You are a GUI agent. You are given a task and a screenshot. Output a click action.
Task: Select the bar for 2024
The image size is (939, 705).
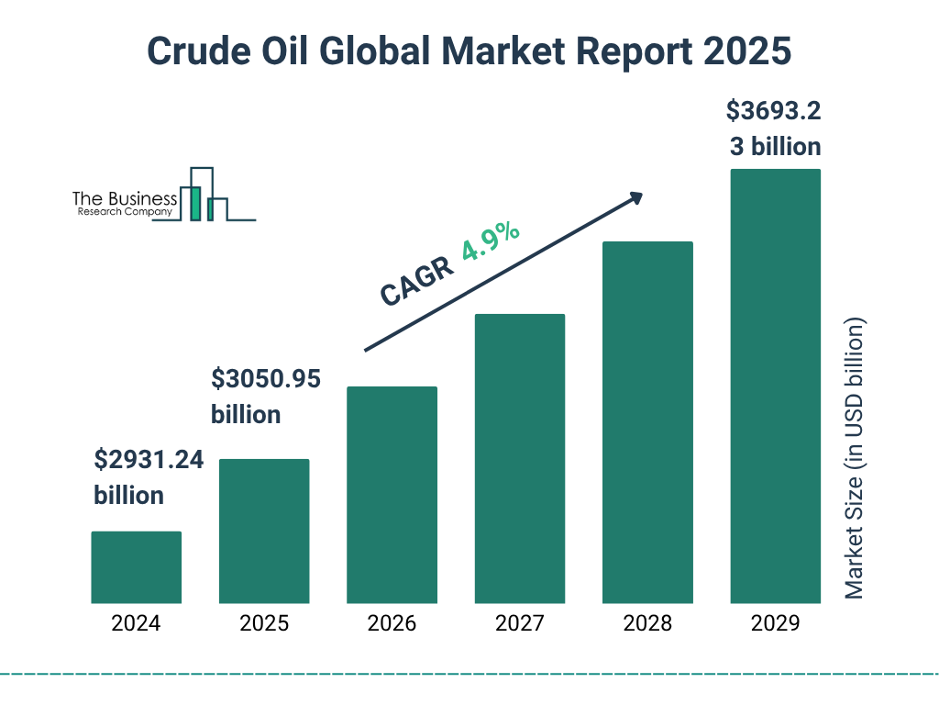coord(136,567)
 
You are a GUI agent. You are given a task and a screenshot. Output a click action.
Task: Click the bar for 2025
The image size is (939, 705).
coord(264,531)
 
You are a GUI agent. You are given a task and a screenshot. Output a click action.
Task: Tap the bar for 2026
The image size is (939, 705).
coord(392,495)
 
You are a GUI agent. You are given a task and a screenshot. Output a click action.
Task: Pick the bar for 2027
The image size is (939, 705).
coord(519,458)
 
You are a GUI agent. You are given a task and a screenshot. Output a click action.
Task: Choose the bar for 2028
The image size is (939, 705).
coord(647,422)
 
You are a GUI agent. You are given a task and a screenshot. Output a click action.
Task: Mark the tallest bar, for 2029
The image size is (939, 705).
coord(775,386)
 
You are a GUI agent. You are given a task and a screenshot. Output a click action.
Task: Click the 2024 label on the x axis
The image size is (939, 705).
coord(136,624)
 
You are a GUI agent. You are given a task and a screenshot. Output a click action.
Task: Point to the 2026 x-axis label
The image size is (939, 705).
coord(392,624)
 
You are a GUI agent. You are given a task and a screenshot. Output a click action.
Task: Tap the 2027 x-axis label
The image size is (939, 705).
coord(519,624)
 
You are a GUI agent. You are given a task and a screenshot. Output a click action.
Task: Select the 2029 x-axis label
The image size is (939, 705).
coord(775,624)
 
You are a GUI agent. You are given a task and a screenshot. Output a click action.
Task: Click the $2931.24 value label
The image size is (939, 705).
coord(149,460)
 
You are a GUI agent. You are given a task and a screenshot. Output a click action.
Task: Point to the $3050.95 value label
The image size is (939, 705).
coord(266,378)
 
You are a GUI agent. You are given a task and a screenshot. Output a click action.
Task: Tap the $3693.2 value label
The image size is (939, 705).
coord(773,112)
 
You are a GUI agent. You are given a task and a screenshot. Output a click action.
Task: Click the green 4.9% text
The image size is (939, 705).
coord(491,243)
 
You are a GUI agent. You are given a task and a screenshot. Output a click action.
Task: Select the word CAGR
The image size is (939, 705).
coord(417,281)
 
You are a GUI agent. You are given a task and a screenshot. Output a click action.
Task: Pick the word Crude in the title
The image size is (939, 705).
coord(190,52)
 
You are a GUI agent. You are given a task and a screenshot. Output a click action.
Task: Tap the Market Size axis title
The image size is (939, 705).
coord(855,459)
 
